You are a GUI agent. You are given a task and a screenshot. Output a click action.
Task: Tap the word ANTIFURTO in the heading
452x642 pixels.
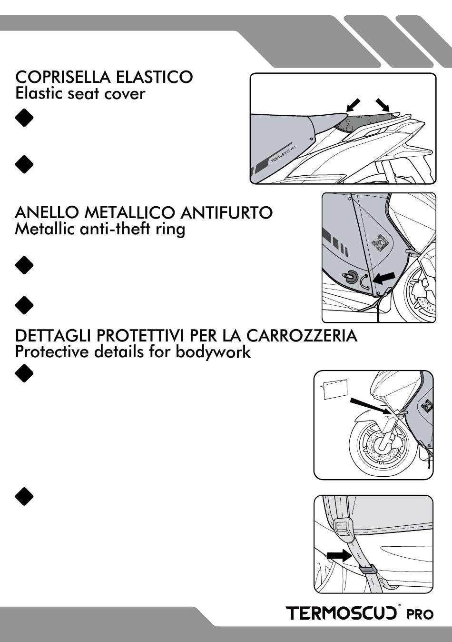pos(226,212)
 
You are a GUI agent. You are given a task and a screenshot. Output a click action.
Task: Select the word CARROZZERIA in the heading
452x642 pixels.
pos(302,336)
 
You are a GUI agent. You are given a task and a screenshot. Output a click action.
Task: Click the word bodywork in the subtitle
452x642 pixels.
pos(213,352)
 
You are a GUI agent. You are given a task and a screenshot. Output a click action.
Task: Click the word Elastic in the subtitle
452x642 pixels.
pos(39,93)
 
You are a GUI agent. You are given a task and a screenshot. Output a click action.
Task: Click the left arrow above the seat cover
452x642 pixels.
pos(353,105)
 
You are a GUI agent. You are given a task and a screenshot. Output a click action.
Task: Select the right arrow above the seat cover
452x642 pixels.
pos(383,105)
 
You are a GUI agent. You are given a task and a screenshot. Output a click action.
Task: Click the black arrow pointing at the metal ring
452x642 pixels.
pos(384,278)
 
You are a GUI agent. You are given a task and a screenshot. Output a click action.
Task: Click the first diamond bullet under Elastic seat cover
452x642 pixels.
pos(24,118)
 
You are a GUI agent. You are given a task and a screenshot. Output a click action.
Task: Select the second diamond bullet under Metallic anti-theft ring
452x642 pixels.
pos(24,305)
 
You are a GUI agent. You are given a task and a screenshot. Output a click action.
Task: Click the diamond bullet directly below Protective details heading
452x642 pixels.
pos(24,373)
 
